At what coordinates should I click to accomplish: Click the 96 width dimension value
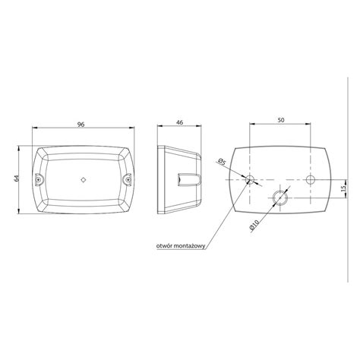pyautogui.click(x=84, y=122)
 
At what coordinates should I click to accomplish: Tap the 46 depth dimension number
pyautogui.click(x=179, y=122)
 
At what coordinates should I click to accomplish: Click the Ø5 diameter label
pyautogui.click(x=220, y=161)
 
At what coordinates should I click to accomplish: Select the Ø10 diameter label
pyautogui.click(x=252, y=226)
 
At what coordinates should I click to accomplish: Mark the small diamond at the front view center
pyautogui.click(x=84, y=180)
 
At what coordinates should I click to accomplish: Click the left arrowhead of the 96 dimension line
pyautogui.click(x=36, y=128)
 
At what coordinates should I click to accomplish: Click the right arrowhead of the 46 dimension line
pyautogui.click(x=202, y=128)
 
